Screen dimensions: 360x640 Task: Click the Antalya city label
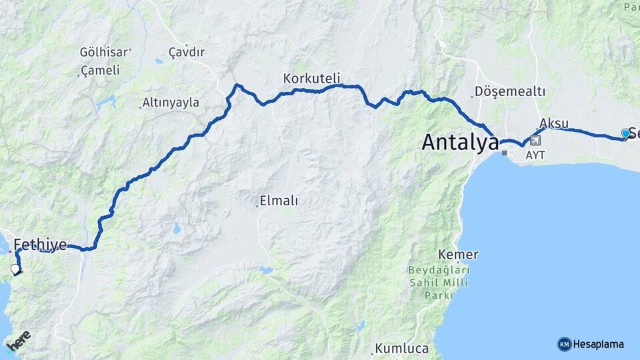[460, 142]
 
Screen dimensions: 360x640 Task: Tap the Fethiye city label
[40, 245]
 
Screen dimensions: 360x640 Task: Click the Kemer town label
[458, 255]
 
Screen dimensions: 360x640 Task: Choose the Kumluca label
[400, 348]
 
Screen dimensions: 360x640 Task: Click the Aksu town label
[554, 123]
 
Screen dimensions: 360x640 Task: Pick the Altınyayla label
[171, 103]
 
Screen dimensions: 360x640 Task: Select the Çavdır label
[187, 52]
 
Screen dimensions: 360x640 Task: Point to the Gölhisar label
[103, 51]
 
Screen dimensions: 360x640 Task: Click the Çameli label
[101, 70]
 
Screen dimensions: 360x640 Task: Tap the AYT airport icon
[535, 141]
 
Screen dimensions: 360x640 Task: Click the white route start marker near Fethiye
[15, 269]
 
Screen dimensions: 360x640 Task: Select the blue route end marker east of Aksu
[625, 133]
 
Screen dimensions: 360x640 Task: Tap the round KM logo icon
[564, 344]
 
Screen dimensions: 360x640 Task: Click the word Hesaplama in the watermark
[598, 344]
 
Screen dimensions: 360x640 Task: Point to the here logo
[18, 340]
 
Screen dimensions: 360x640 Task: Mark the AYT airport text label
[535, 155]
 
